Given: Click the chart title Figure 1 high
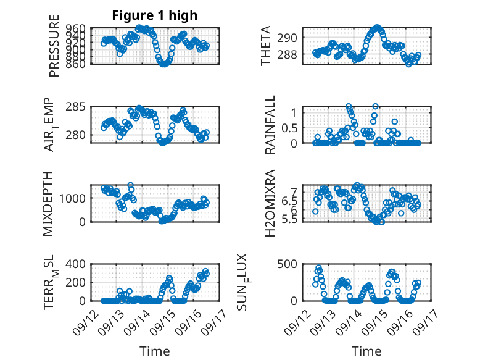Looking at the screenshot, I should [154, 15].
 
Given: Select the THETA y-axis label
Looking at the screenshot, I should [266, 46].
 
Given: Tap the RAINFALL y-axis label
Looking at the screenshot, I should [270, 128].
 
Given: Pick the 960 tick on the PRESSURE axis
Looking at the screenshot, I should [78, 28].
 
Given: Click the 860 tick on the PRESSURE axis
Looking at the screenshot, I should [78, 64].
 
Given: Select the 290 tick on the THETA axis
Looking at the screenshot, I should [290, 38].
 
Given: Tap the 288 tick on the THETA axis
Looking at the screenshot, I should [290, 54].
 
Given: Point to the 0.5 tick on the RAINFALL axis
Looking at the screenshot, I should [288, 128].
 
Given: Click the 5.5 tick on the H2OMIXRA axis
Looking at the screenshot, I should [288, 219].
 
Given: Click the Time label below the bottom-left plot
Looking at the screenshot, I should [154, 351].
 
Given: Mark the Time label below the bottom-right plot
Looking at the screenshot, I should [366, 351].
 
